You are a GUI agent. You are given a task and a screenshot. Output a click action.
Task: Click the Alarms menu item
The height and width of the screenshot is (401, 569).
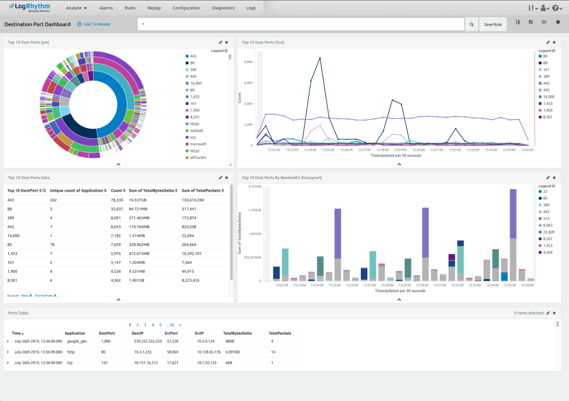(x=106, y=8)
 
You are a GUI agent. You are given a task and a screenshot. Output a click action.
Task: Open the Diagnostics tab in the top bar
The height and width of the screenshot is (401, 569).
(x=223, y=8)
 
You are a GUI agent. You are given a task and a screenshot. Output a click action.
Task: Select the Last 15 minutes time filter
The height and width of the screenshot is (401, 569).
(x=96, y=24)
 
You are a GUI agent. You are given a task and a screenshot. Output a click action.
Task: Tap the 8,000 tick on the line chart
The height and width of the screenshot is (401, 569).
(x=248, y=62)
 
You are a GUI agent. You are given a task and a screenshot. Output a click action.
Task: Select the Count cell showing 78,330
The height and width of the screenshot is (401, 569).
(x=117, y=200)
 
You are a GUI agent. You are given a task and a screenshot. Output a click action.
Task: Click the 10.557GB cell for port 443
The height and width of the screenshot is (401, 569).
(x=140, y=200)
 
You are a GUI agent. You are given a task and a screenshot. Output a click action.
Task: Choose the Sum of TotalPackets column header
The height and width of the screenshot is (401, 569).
(x=201, y=190)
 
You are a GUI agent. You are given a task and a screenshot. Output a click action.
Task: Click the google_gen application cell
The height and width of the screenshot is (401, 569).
(x=78, y=341)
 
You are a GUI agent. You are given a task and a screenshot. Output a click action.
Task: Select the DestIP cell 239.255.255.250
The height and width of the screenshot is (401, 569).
(x=147, y=341)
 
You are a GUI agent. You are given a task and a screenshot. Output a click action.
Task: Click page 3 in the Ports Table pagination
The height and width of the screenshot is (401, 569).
(x=145, y=325)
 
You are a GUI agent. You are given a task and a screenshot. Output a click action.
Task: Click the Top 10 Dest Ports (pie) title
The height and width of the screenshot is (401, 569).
(x=29, y=42)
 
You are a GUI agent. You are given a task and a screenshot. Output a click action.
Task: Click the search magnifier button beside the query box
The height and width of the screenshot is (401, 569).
(x=472, y=24)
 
